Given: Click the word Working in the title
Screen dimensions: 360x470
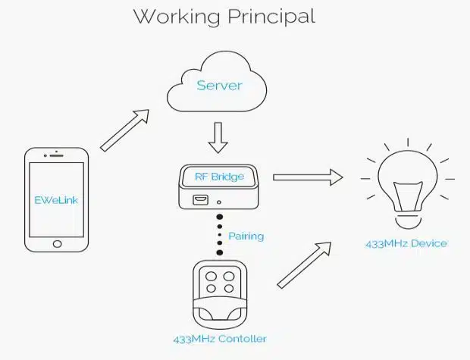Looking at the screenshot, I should (177, 16).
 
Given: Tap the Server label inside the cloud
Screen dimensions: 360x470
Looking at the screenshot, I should (219, 85).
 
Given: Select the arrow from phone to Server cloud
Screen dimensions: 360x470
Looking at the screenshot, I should (124, 130).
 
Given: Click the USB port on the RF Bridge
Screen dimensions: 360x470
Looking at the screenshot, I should (202, 201).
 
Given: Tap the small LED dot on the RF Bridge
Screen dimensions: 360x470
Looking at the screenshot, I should (219, 202).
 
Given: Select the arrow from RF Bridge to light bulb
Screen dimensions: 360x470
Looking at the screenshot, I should (308, 177).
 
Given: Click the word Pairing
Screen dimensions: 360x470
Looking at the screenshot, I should (246, 236).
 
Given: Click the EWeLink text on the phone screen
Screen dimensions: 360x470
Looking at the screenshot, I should (57, 201).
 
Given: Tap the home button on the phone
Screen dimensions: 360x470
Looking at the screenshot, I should (57, 244).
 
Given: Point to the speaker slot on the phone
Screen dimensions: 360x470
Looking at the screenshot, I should (57, 158).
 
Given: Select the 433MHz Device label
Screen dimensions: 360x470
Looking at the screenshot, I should (406, 243).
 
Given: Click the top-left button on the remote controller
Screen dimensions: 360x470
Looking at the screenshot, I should (211, 277).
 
